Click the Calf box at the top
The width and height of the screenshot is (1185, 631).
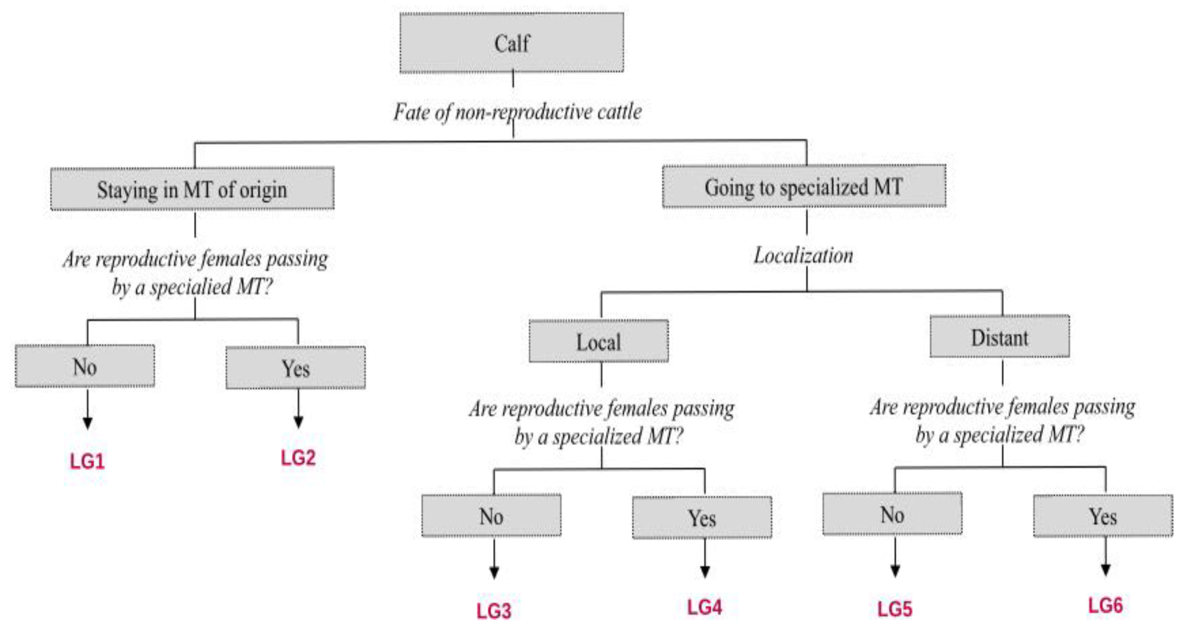(x=512, y=43)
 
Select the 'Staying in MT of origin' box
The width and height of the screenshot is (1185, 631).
(x=192, y=188)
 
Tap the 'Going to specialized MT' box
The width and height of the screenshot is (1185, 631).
(x=804, y=186)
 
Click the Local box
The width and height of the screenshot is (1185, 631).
(x=599, y=341)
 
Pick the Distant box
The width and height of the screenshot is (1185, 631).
(x=999, y=337)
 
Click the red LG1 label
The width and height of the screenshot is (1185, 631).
(x=87, y=461)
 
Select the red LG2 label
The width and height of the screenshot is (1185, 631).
(x=298, y=458)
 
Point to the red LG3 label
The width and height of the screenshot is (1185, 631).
(x=493, y=611)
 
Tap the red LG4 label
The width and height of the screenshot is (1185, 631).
(x=704, y=607)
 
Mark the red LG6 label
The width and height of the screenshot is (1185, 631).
(x=1105, y=605)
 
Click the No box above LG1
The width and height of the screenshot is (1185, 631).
(x=85, y=366)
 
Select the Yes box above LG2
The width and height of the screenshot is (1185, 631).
(x=295, y=368)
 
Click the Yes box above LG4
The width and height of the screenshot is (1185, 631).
(x=702, y=517)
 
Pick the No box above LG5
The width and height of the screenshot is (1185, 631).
(x=892, y=514)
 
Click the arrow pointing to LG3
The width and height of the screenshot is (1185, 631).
(x=494, y=559)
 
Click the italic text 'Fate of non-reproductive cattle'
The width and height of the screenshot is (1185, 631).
(x=517, y=112)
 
